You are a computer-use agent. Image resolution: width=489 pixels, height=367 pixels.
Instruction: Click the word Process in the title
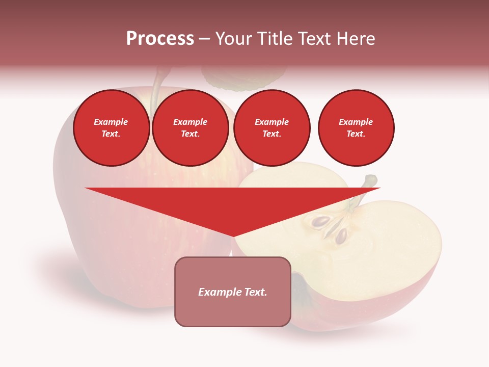pos(160,39)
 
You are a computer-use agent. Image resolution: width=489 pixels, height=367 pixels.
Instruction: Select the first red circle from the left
pos(112,128)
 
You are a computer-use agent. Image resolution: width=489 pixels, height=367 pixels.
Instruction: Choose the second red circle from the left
pos(191,128)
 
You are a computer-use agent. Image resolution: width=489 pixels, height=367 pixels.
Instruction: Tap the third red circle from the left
pos(272,128)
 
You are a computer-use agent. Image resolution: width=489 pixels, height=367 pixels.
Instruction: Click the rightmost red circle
pos(356,128)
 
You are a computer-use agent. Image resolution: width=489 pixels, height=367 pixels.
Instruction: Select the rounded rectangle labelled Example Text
pos(233,292)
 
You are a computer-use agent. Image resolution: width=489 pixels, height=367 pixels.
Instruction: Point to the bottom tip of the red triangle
pos(233,235)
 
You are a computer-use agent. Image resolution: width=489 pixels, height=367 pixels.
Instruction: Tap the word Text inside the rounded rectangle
pos(255,292)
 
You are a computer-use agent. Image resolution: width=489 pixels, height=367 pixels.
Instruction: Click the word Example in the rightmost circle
pos(356,122)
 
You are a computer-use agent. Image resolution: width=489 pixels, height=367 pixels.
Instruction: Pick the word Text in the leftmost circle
pos(111,134)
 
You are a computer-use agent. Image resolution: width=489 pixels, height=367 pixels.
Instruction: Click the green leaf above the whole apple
pos(244,76)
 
